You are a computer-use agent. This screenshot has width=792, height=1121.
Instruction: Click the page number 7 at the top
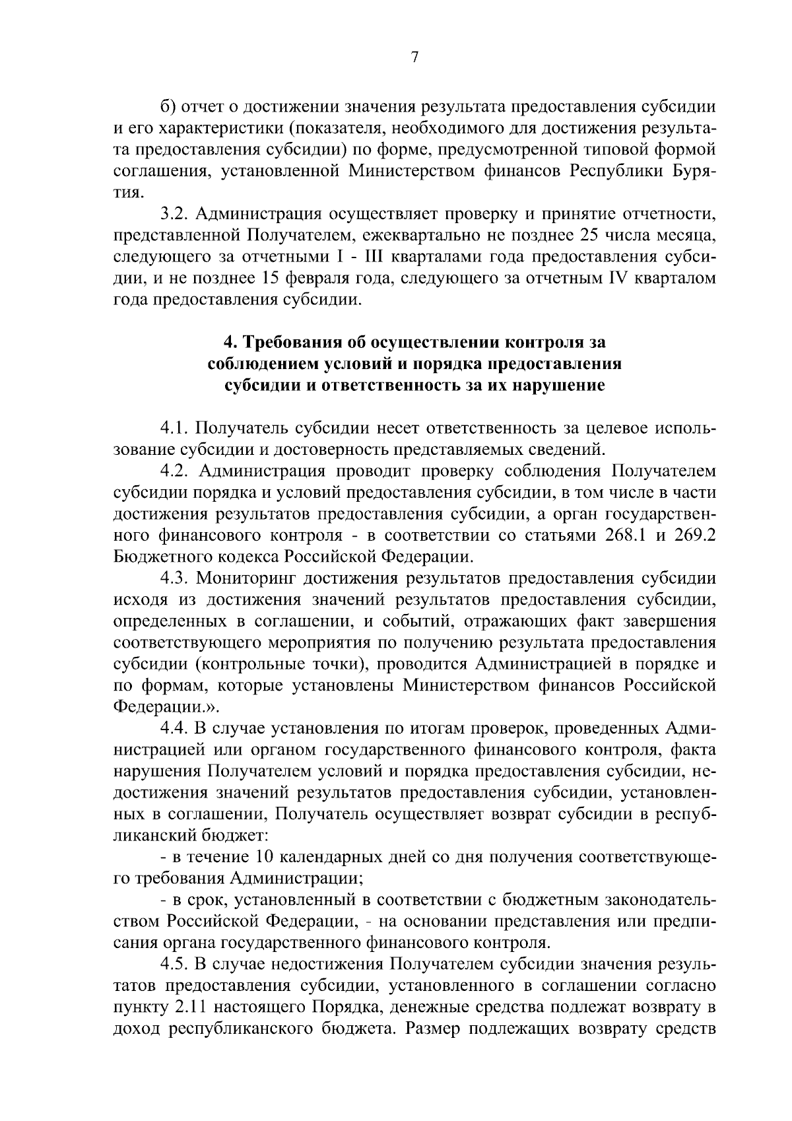point(414,58)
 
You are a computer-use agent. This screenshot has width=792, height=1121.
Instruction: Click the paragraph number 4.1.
point(176,428)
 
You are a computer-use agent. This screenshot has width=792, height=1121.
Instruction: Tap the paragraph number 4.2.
point(177,471)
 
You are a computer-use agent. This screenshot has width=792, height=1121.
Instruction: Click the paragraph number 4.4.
point(177,729)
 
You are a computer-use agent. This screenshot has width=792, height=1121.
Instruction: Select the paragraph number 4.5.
point(177,965)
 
